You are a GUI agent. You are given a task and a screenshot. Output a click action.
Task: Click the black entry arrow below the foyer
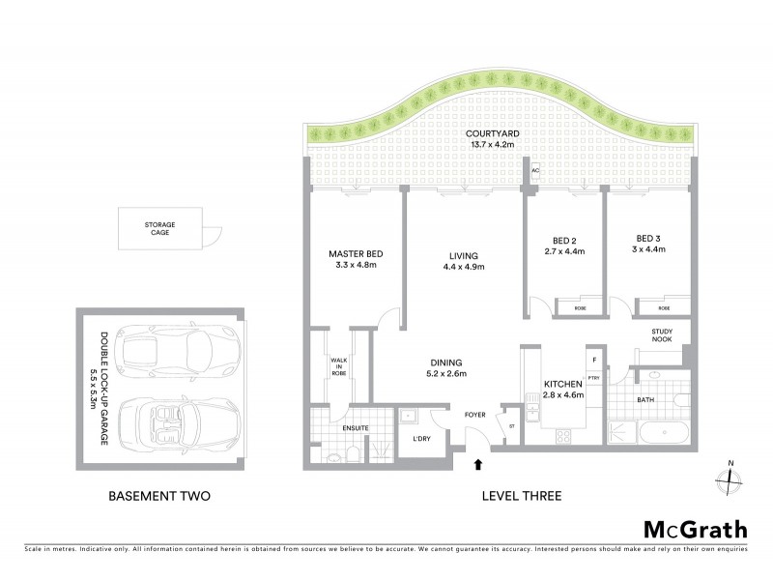pyautogui.click(x=477, y=466)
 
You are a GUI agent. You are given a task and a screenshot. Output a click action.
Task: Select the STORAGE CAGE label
pyautogui.click(x=160, y=228)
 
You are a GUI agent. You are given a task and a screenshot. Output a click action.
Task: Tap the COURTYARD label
pyautogui.click(x=488, y=134)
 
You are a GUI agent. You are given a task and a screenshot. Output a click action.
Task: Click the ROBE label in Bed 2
pyautogui.click(x=580, y=308)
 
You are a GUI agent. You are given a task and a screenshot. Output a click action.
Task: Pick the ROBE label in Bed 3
pyautogui.click(x=665, y=308)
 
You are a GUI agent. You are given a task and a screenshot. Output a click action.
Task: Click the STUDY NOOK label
pyautogui.click(x=662, y=335)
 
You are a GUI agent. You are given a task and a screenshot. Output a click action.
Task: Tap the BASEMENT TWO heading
pyautogui.click(x=159, y=497)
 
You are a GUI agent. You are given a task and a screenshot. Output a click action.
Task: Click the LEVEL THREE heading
pyautogui.click(x=522, y=497)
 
